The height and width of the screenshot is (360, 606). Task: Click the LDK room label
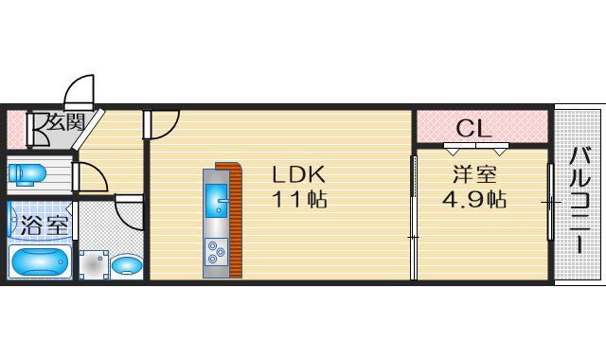[299, 175]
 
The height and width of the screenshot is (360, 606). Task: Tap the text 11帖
[299, 201]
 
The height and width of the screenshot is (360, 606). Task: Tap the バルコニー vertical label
[579, 201]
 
